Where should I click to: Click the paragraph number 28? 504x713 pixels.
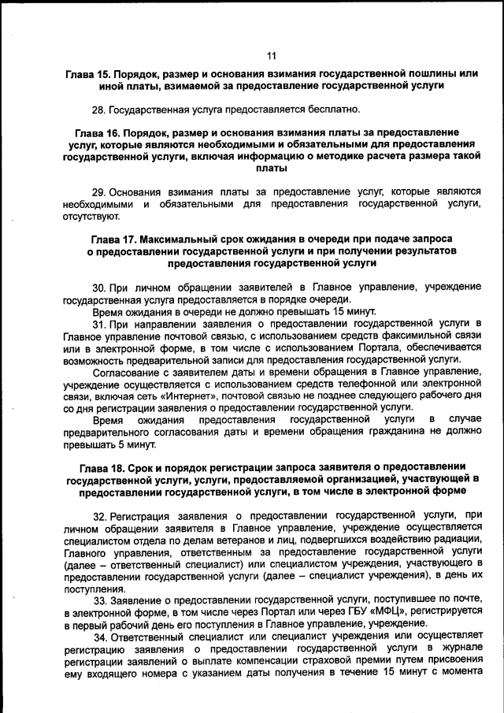tap(99, 109)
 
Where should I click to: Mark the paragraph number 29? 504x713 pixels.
tap(99, 192)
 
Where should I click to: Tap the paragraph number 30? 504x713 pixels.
tap(99, 287)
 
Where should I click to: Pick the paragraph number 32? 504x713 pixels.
tap(99, 515)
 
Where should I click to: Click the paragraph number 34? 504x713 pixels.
tap(99, 636)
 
